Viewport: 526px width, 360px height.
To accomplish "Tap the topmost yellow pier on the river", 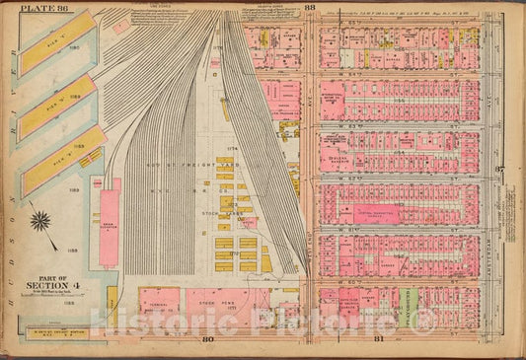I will (x=57, y=41).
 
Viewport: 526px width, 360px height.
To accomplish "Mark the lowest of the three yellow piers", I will (x=62, y=160).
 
